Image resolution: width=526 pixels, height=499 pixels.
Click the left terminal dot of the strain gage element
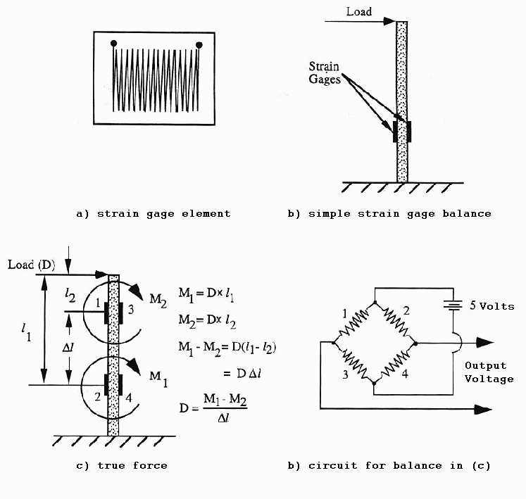pos(114,43)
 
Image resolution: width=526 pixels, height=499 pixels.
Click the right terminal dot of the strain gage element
pos(199,45)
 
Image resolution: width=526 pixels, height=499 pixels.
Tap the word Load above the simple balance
pos(359,12)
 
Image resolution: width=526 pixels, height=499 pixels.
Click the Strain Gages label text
pos(324,72)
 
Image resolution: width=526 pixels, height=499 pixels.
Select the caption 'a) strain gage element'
pos(154,214)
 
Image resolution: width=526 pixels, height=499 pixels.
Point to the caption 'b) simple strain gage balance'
pos(389,214)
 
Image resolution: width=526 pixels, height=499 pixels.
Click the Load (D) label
pos(31,265)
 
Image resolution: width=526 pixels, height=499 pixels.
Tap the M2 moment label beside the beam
pos(158,299)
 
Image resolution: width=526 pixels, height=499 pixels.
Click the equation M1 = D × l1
pos(206,294)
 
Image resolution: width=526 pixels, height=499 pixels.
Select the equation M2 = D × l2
pos(207,321)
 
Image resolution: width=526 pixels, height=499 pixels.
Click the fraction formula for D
pos(213,408)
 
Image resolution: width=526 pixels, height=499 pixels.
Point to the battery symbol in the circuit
pos(453,305)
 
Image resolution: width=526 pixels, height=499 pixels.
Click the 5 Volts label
pos(491,305)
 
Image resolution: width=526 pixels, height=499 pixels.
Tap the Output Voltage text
pos(489,372)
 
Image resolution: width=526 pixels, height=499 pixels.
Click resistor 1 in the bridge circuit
pos(354,323)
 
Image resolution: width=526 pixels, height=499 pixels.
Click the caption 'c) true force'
pos(122,465)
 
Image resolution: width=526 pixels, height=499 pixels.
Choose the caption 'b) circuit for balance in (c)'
pos(389,465)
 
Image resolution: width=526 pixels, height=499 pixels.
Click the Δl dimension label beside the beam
pos(68,348)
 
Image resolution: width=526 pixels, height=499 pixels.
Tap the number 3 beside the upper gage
pos(131,309)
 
